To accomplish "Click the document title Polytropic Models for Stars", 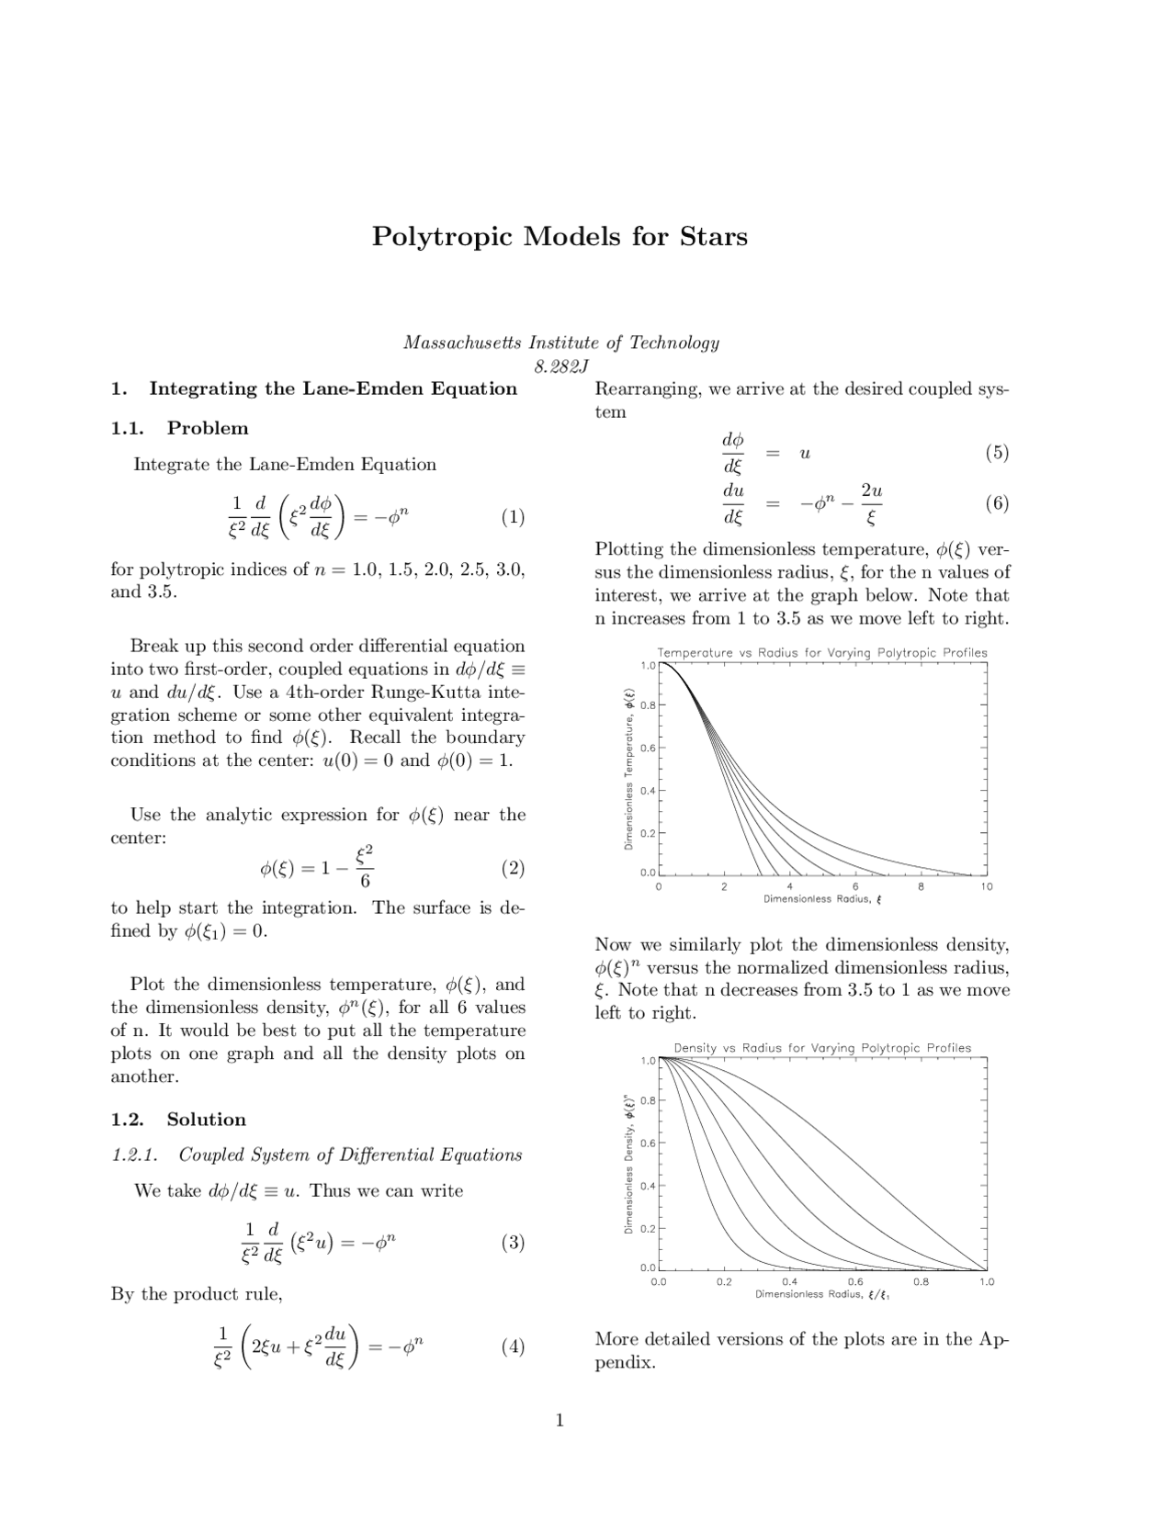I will [x=560, y=236].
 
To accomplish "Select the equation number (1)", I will [x=513, y=517].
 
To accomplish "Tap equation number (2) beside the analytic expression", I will [x=513, y=868].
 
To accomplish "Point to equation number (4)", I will [x=513, y=1347].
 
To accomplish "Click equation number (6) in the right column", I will [x=997, y=503].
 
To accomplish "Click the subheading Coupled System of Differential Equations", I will [x=350, y=1155].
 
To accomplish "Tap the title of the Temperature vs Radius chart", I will [x=822, y=653].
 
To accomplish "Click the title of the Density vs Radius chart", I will [x=822, y=1048].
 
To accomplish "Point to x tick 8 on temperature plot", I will [x=921, y=887].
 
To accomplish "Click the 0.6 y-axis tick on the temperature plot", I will [x=647, y=748].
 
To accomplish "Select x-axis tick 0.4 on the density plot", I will [x=789, y=1282].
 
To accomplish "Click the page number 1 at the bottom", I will [x=560, y=1422].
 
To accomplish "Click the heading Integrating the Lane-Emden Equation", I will [x=333, y=389].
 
